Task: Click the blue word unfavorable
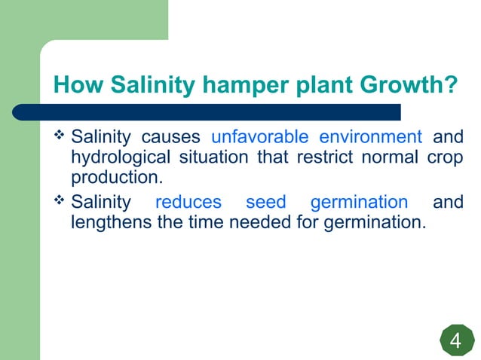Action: (260, 138)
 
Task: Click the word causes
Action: (171, 138)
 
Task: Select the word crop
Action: (445, 158)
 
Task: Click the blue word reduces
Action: (188, 203)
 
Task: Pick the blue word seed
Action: (266, 203)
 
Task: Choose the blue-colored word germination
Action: (359, 203)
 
